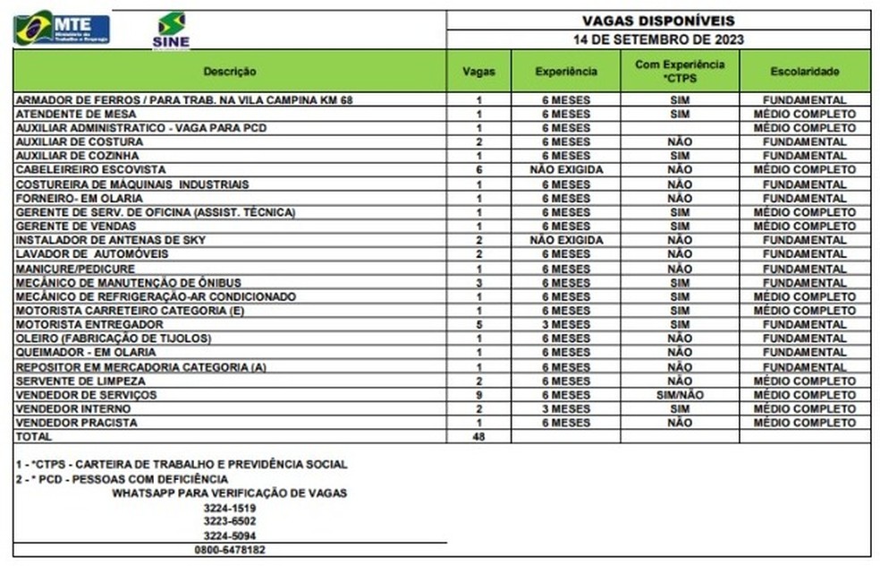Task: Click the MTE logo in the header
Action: click(61, 28)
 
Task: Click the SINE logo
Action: click(171, 30)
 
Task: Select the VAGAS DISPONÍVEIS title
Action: click(658, 20)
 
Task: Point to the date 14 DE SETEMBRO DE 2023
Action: click(658, 39)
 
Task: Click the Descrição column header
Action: click(229, 71)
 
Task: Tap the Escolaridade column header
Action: click(804, 71)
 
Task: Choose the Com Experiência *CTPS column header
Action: click(680, 71)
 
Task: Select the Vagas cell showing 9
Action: click(479, 395)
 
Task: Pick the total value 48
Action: click(479, 437)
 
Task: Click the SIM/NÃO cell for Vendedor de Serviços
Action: click(680, 395)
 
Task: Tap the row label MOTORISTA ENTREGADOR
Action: click(89, 324)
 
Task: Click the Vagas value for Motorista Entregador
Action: click(479, 324)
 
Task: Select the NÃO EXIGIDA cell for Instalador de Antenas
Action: click(566, 240)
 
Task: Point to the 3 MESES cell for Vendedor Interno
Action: click(566, 408)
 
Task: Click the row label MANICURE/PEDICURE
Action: click(76, 269)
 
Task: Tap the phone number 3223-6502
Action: click(230, 520)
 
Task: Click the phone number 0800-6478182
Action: click(230, 550)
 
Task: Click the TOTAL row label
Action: click(34, 437)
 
